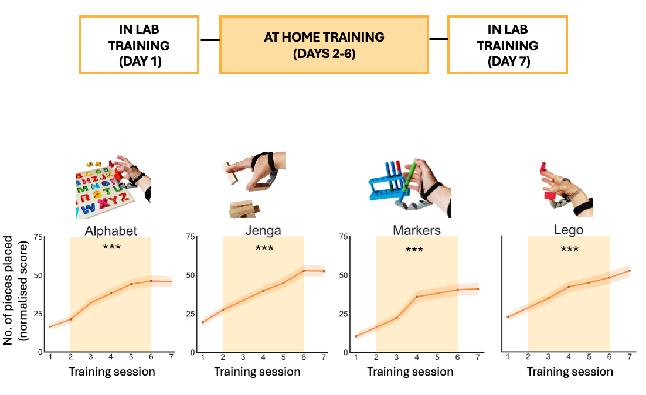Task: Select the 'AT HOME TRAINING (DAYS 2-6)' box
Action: (x=324, y=45)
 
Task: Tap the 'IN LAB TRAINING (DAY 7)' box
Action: (x=508, y=45)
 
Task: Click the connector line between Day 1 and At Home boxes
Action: (x=210, y=40)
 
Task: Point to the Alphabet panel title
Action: (x=111, y=230)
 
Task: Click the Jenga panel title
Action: (x=263, y=230)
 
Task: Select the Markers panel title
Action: (x=417, y=230)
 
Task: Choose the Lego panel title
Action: (x=569, y=230)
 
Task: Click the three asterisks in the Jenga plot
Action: (x=264, y=249)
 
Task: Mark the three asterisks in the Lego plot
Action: (x=570, y=250)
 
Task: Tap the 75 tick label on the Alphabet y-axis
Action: (x=38, y=237)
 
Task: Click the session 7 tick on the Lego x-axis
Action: (x=630, y=357)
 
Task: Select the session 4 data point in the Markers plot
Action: (x=417, y=297)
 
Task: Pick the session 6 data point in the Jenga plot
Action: (x=304, y=271)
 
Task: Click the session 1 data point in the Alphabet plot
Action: (x=50, y=326)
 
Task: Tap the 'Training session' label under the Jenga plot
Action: (x=257, y=372)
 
